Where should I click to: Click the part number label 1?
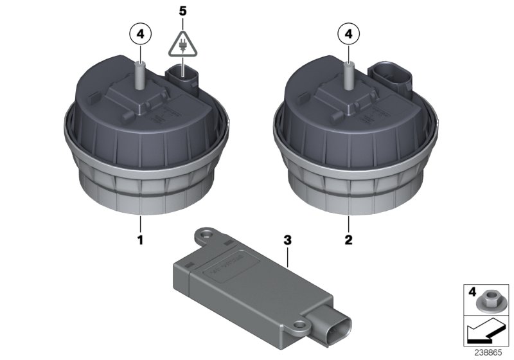click(139, 240)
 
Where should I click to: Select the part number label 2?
click(348, 240)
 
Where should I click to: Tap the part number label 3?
click(288, 240)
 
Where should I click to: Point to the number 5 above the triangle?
click(184, 11)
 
